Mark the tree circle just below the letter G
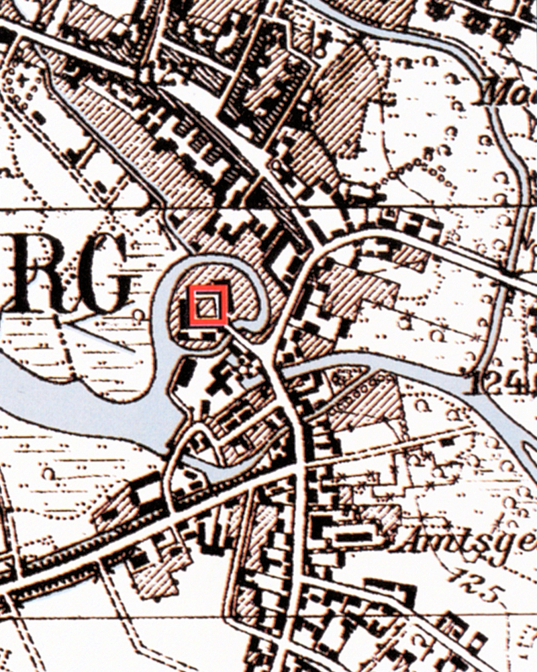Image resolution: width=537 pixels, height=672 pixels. coord(138,314)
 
